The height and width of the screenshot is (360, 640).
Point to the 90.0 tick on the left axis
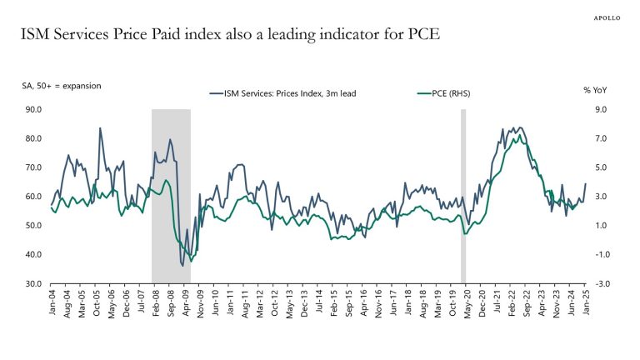[34, 109]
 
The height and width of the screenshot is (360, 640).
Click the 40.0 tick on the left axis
[34, 254]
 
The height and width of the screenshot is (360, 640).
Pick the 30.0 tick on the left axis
[34, 283]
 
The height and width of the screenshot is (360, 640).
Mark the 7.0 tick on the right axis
[598, 138]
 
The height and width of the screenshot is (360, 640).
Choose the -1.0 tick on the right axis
[599, 254]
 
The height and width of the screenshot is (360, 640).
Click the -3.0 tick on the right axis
[599, 283]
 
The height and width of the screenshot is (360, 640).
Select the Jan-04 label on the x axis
[52, 301]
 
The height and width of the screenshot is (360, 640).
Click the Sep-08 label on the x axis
[171, 301]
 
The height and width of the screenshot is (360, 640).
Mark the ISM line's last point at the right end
[585, 184]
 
